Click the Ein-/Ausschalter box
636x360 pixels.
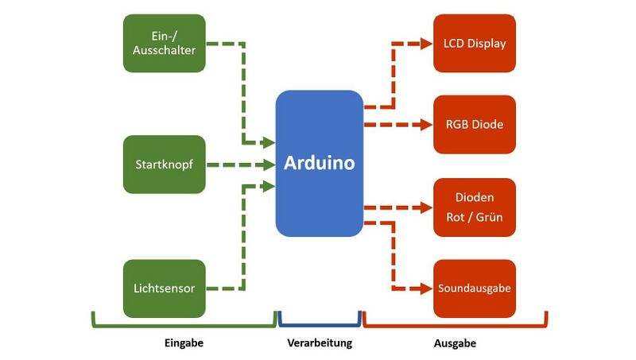click(x=165, y=43)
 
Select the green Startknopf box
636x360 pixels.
click(x=165, y=165)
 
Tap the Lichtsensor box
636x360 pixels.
click(x=165, y=288)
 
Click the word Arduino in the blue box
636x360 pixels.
click(x=320, y=164)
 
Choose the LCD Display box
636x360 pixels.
click(x=475, y=43)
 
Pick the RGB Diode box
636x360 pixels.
click(x=475, y=125)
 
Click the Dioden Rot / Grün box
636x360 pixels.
click(x=475, y=207)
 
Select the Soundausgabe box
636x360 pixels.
click(x=475, y=288)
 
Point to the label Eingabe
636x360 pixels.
click(x=184, y=343)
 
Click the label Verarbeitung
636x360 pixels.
click(x=319, y=343)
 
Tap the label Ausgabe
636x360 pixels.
click(x=456, y=343)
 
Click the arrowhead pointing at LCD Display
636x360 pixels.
click(x=425, y=43)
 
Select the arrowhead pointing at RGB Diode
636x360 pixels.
click(x=425, y=125)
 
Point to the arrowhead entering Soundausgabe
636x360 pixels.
click(x=425, y=288)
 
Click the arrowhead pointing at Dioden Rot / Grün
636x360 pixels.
click(x=425, y=207)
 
